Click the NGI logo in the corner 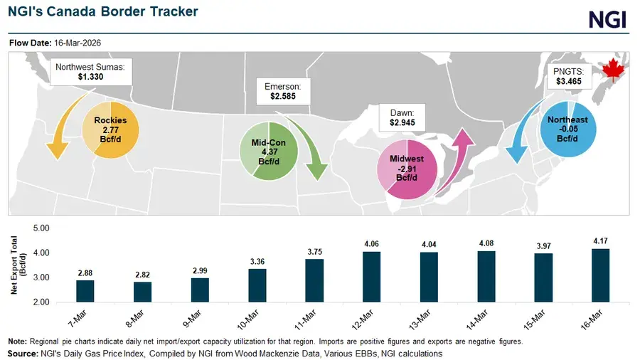point(608,18)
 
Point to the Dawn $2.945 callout point(402,117)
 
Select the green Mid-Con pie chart point(267,152)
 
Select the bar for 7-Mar point(85,291)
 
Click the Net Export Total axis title point(16,265)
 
